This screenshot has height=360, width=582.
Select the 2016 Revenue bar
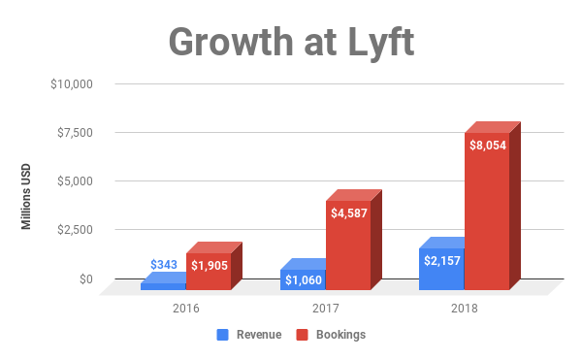(163, 286)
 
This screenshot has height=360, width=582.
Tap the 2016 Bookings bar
(209, 272)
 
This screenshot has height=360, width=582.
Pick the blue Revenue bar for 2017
(303, 279)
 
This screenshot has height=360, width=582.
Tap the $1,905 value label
(209, 265)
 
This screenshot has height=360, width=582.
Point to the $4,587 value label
(348, 213)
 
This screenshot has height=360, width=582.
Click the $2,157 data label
(442, 259)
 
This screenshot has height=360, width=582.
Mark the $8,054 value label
(488, 145)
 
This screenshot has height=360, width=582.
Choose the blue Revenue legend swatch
(221, 335)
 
